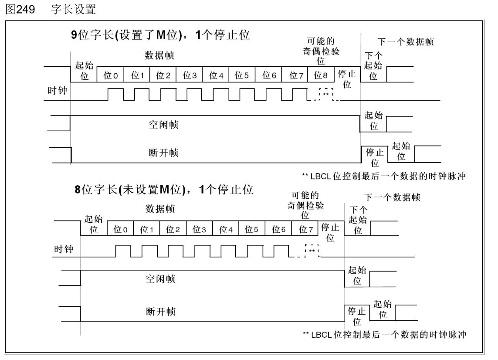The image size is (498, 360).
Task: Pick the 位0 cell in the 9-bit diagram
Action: point(111,75)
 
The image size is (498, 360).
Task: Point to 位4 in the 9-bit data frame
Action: point(216,75)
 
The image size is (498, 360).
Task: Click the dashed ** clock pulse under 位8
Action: point(326,94)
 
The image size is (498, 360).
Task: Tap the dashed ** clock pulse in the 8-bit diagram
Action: point(312,251)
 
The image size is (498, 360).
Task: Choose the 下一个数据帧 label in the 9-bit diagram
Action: point(405,42)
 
